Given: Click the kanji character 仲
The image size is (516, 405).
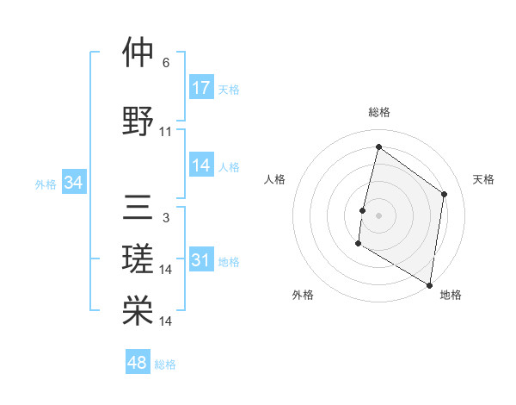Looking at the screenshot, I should pos(138,53).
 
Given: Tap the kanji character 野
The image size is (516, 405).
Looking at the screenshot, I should pos(138,121).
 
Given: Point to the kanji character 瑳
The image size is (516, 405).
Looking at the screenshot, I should pos(138,259).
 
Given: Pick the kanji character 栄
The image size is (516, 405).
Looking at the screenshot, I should pos(138,311).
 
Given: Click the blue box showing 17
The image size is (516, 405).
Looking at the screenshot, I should pos(201,87).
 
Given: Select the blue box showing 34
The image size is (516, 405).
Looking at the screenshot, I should pos(74,183).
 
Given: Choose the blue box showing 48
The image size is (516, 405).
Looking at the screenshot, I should pos(138,363).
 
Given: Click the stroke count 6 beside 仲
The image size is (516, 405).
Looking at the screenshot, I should pos(166,63).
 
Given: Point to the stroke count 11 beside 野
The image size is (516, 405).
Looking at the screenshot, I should pos(166,132).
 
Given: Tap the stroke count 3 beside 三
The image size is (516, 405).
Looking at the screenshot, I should pos(166,218).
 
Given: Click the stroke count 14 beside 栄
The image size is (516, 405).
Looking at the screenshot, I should pos(166,321).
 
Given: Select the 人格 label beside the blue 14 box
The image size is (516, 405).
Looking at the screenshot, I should pos(229,166).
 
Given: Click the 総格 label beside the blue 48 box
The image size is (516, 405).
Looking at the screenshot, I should pos(165,364).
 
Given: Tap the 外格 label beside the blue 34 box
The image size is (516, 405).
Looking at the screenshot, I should pos(46,184).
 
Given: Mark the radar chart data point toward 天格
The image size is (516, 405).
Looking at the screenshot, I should pos(445,194).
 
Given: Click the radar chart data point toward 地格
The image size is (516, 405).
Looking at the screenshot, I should pos(429,284).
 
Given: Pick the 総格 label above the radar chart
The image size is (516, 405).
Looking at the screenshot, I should pos(378,112).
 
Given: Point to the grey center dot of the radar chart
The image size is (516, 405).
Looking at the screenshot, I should pos(378,215).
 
